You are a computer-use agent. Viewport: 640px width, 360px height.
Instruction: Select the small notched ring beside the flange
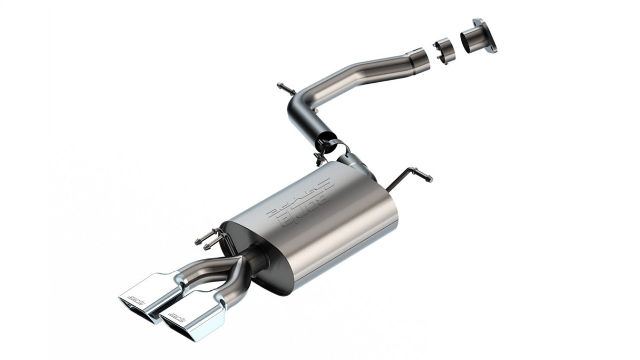pyautogui.click(x=444, y=50)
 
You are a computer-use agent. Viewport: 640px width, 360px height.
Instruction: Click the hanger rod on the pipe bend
pyautogui.click(x=286, y=89)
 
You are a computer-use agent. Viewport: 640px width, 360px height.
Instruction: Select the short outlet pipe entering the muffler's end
pyautogui.click(x=255, y=258)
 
